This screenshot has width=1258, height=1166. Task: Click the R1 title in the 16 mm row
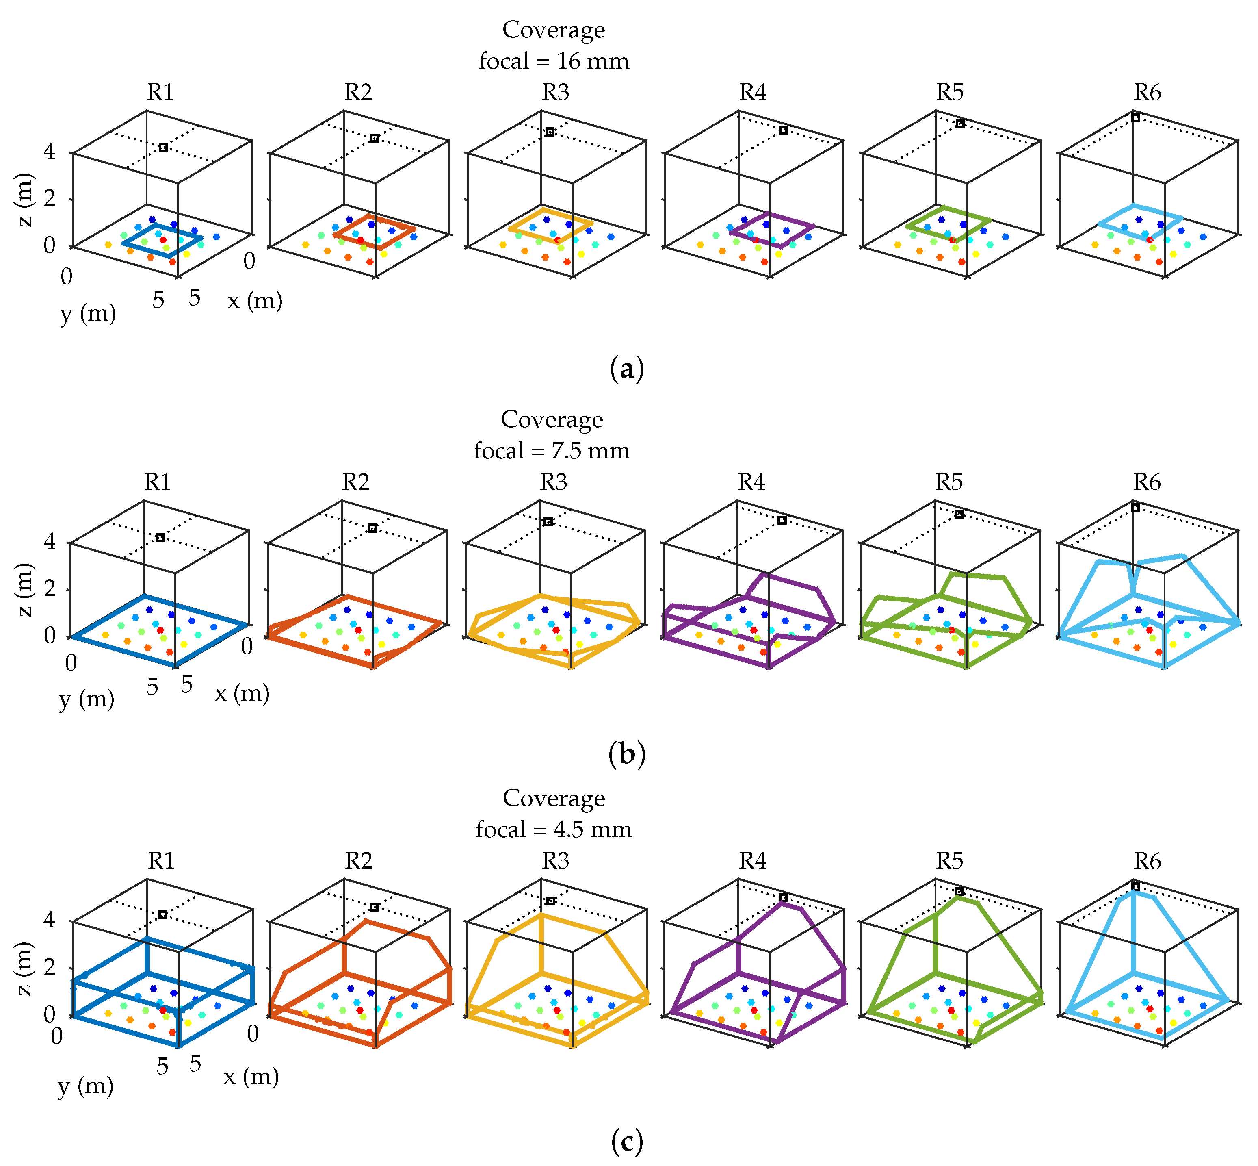coord(161,92)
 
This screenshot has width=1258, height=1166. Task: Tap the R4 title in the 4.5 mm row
coord(752,861)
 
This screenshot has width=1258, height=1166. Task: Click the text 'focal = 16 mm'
coord(554,61)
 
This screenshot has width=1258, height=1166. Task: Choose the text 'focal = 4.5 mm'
coord(554,829)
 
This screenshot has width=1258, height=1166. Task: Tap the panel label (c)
coord(627,1141)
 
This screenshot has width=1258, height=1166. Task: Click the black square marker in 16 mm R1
coord(163,148)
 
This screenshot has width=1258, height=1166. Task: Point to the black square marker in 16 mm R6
coord(1135,117)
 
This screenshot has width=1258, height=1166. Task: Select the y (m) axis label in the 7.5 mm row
coord(87,699)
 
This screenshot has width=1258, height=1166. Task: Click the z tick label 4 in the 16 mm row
coord(49,152)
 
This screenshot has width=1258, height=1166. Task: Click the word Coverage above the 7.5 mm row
coord(552,419)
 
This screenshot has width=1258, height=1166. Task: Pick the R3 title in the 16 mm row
coord(556,92)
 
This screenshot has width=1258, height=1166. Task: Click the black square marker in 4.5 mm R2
coord(374,907)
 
